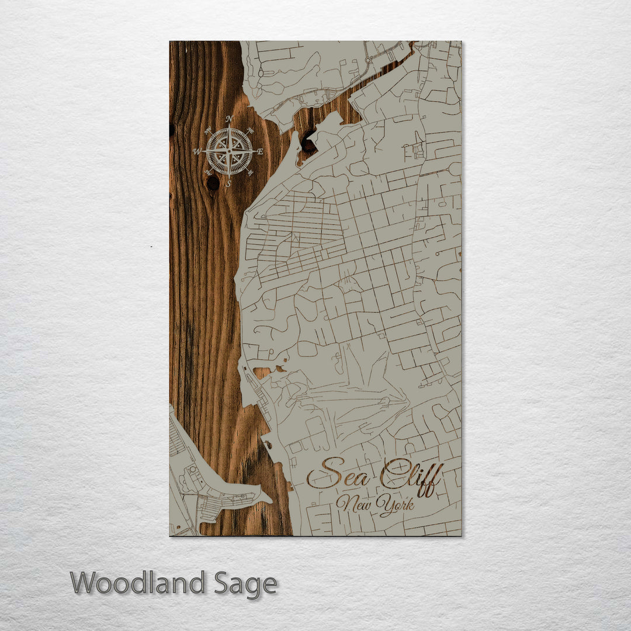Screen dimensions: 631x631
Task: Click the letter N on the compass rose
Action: point(229,119)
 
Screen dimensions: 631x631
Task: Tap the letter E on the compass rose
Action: point(261,152)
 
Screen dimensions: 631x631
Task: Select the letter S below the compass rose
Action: point(228,184)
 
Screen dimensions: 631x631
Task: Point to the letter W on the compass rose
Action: point(197,151)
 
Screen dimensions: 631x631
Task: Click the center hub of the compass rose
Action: point(229,151)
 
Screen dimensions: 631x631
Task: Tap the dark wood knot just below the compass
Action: point(213,183)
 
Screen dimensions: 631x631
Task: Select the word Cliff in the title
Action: point(412,476)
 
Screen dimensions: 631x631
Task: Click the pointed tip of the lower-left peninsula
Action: point(271,501)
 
